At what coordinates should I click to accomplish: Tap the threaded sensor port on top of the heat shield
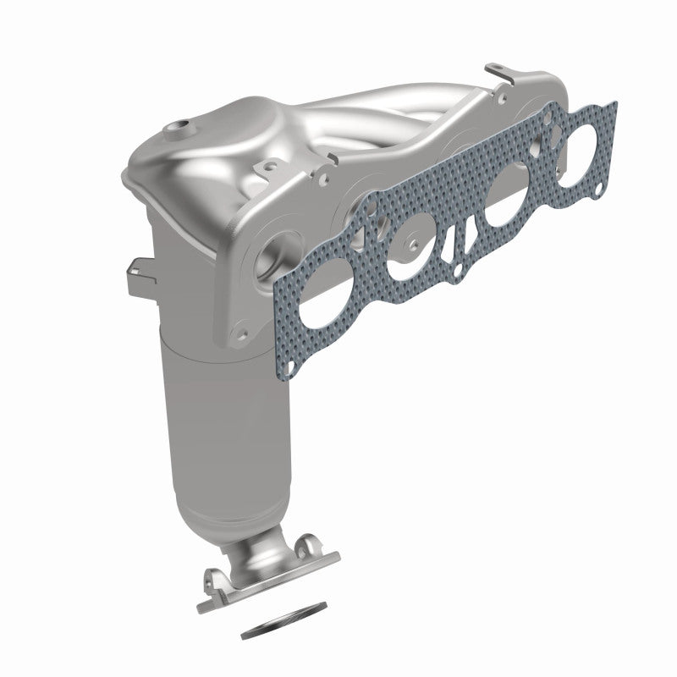179,129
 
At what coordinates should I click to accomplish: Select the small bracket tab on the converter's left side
137,273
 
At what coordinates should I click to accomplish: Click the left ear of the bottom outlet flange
212,583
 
